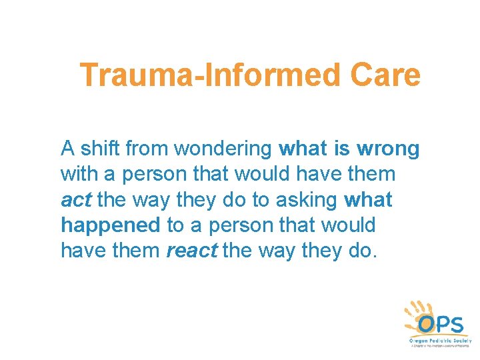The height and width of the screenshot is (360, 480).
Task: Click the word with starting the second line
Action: coord(78,173)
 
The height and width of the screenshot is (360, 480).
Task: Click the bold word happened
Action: coord(111,225)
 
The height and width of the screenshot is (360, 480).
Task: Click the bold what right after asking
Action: coord(369,199)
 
